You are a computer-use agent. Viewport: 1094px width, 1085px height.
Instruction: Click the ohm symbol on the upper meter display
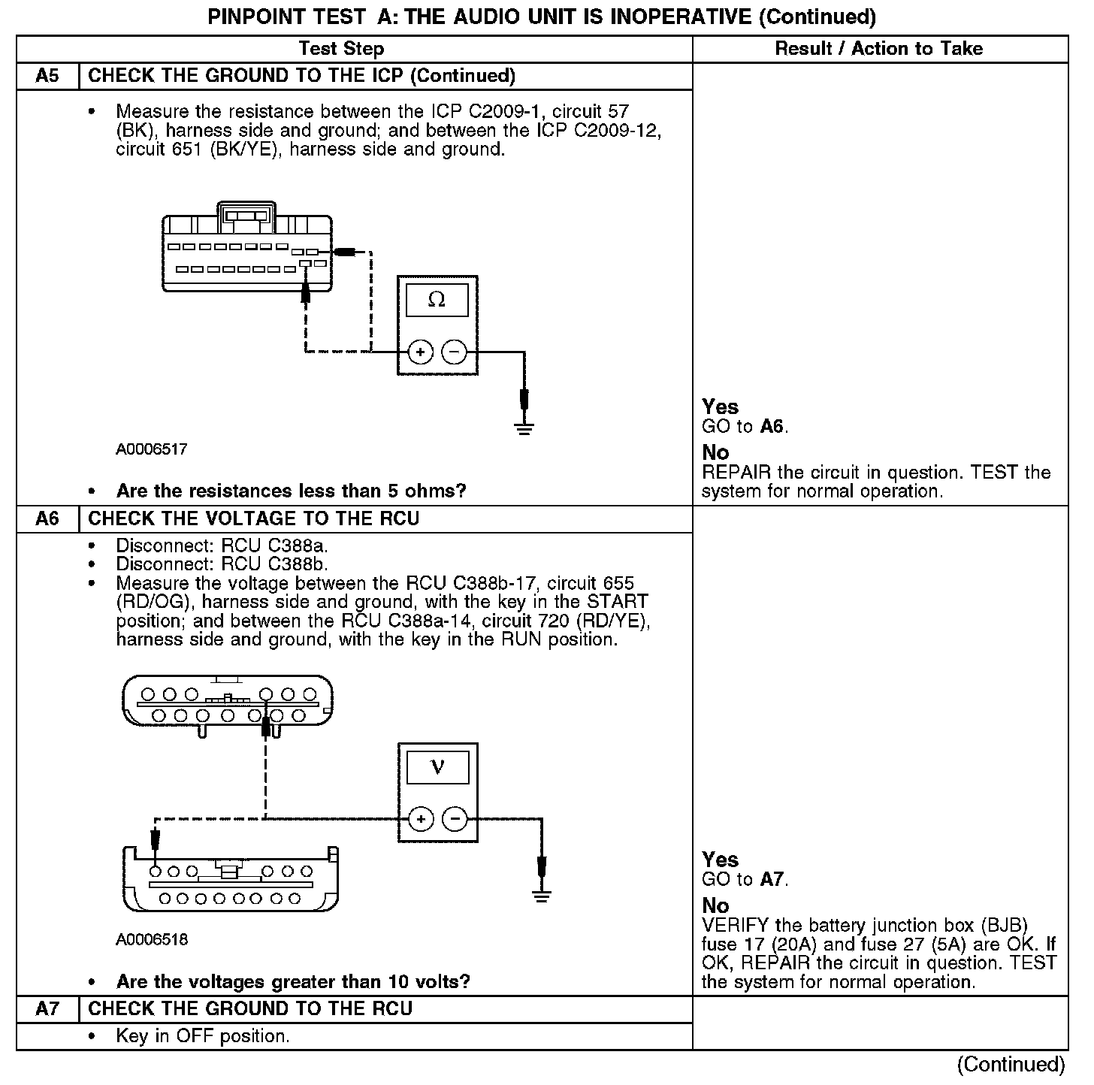pyautogui.click(x=437, y=300)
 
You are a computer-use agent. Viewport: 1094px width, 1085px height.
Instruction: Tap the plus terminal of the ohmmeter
pyautogui.click(x=420, y=352)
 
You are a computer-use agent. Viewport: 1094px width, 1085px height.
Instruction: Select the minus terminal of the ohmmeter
pyautogui.click(x=454, y=352)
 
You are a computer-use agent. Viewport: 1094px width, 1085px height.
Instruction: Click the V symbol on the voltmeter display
pyautogui.click(x=437, y=767)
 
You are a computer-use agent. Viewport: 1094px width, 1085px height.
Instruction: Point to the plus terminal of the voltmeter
pyautogui.click(x=421, y=819)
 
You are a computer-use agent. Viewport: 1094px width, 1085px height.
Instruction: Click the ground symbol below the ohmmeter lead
pyautogui.click(x=524, y=428)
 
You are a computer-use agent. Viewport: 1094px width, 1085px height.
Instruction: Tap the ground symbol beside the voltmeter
pyautogui.click(x=541, y=894)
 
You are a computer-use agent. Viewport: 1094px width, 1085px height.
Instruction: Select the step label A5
pyautogui.click(x=47, y=76)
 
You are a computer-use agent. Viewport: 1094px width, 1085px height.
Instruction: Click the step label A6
pyautogui.click(x=47, y=519)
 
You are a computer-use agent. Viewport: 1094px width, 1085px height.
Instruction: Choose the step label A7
pyautogui.click(x=47, y=1009)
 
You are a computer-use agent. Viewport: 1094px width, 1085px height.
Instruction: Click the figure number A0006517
pyautogui.click(x=151, y=449)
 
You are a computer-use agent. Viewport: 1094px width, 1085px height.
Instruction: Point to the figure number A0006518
pyautogui.click(x=151, y=940)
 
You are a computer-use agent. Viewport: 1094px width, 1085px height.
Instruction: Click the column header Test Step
pyautogui.click(x=341, y=49)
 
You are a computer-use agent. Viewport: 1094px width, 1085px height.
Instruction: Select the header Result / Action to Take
pyautogui.click(x=878, y=49)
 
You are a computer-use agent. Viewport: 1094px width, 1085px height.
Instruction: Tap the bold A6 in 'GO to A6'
pyautogui.click(x=772, y=427)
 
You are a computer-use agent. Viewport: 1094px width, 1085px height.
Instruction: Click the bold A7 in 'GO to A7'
pyautogui.click(x=772, y=880)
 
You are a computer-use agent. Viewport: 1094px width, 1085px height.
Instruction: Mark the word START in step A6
pyautogui.click(x=617, y=602)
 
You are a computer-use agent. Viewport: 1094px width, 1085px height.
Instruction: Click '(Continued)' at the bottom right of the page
pyautogui.click(x=1011, y=1065)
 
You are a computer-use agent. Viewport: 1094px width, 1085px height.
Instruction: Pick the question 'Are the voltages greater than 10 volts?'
pyautogui.click(x=293, y=982)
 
